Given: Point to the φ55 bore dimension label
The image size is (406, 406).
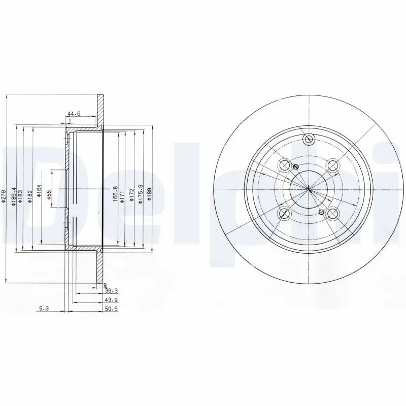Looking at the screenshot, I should tap(49, 194).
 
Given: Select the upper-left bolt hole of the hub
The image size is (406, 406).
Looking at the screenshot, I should tap(285, 165).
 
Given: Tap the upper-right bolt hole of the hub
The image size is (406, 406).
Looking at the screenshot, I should tap(332, 165).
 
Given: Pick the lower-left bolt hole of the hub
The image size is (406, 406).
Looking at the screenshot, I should tap(285, 213).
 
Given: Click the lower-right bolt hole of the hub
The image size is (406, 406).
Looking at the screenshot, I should tap(332, 214).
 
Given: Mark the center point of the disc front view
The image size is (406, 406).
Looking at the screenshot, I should tap(309, 189).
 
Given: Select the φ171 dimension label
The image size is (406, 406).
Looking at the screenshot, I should tap(123, 194).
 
